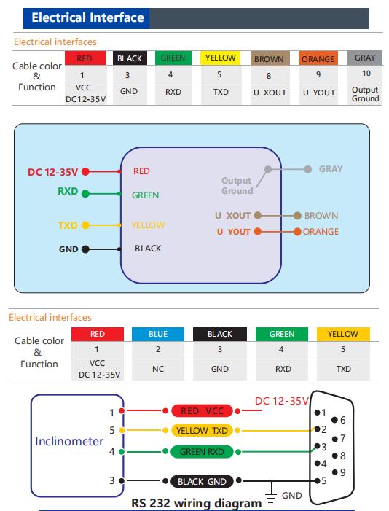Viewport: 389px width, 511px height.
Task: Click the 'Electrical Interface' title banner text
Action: point(87,17)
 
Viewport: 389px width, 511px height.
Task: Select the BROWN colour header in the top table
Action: point(270,58)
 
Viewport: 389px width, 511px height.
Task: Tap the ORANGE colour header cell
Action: point(318,58)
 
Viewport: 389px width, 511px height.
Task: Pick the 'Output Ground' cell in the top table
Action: point(365,94)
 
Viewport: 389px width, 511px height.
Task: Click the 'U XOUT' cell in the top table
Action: point(270,93)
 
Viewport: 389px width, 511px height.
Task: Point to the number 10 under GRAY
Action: point(366,74)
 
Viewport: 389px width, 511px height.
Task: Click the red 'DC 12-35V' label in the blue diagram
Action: point(52,172)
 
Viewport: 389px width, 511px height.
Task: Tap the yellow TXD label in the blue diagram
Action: point(68,225)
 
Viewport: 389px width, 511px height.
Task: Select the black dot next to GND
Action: point(85,249)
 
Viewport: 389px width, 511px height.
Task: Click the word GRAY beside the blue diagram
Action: point(331,169)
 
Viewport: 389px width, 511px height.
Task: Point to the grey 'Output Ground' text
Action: point(237,186)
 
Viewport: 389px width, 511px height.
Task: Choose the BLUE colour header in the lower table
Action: point(158,334)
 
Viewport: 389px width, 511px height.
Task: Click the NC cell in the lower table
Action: point(158,369)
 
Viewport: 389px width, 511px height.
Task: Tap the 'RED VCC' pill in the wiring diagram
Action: point(202,411)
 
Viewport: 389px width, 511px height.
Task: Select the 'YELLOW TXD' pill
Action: point(202,431)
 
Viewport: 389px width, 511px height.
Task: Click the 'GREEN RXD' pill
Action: point(202,452)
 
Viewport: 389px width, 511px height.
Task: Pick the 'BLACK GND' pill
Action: point(202,481)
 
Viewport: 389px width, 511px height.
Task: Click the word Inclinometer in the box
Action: point(69,441)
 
